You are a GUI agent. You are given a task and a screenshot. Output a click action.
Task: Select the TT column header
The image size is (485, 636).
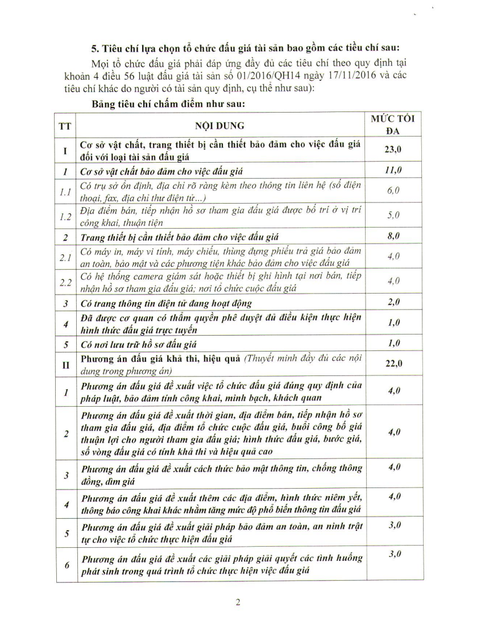tap(65, 126)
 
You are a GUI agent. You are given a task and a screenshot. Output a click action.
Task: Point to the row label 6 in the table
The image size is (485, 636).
tap(67, 565)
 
